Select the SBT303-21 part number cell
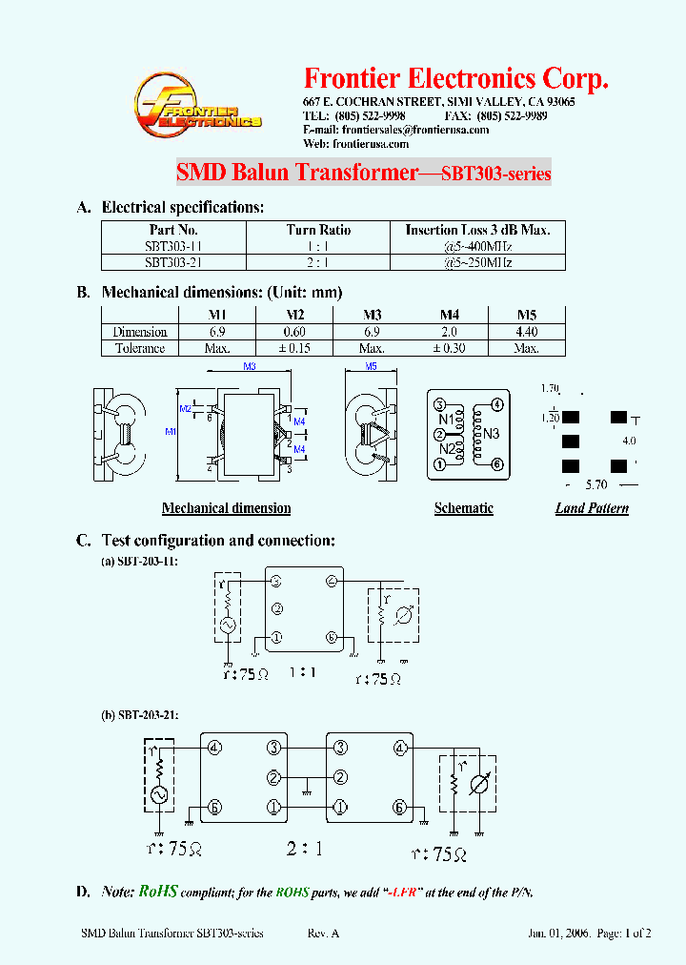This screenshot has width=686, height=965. tap(172, 262)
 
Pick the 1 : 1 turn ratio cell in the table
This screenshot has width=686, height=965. tap(318, 246)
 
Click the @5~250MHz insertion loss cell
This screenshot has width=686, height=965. tap(477, 262)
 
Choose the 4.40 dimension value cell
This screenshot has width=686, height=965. tap(526, 332)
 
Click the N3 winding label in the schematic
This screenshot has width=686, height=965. tap(492, 434)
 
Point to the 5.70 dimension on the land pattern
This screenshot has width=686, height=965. tap(597, 485)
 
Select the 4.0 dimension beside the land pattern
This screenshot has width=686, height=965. tap(629, 441)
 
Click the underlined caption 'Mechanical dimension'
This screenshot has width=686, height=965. tap(226, 508)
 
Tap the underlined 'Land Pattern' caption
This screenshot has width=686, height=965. tap(592, 508)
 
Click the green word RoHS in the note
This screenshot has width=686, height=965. tap(158, 892)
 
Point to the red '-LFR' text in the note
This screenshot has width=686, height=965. tap(401, 893)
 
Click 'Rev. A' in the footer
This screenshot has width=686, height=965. tap(323, 934)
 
